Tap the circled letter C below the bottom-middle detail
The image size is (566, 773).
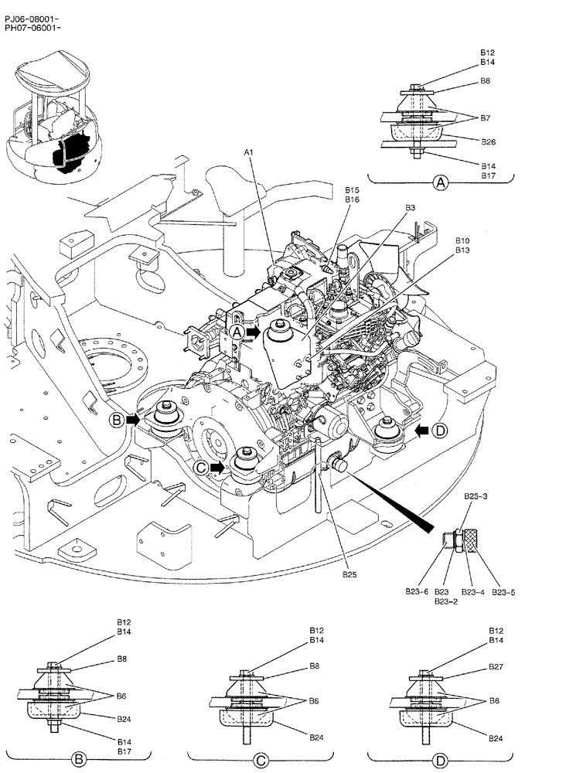tap(261, 759)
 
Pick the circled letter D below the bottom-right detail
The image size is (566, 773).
tap(440, 759)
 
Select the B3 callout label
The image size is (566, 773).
tap(410, 208)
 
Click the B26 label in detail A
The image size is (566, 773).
tap(488, 142)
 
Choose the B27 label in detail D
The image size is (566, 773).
tap(496, 666)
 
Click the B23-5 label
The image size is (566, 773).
tap(503, 592)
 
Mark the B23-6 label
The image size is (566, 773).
tap(418, 592)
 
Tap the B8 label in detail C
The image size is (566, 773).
tap(315, 666)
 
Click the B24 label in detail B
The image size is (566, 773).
tap(124, 719)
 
